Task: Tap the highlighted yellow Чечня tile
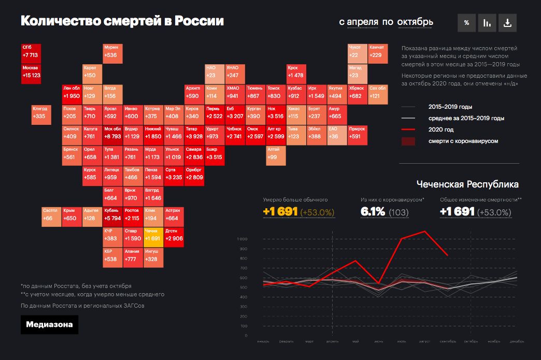(x=153, y=237)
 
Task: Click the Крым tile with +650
(x=72, y=217)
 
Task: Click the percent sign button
(x=466, y=23)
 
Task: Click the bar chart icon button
(x=487, y=23)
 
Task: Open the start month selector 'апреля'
(x=362, y=22)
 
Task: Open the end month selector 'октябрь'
(x=415, y=22)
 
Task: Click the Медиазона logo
(x=50, y=325)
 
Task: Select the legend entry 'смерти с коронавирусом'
(x=463, y=141)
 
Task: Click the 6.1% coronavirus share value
(x=373, y=211)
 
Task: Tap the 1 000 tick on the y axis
(x=243, y=239)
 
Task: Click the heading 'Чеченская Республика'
(x=467, y=184)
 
